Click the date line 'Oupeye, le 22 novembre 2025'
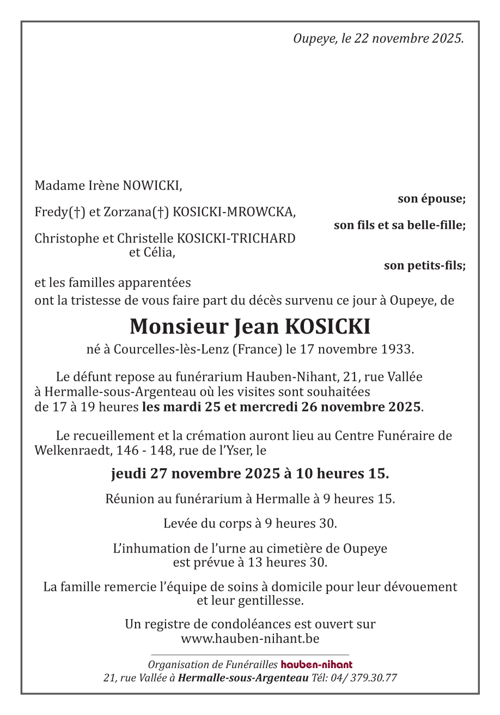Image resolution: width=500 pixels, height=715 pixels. click(378, 39)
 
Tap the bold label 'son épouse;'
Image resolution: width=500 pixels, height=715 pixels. click(431, 199)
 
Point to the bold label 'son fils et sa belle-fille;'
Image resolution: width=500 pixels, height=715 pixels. click(399, 225)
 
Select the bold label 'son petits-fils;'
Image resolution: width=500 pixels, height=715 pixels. click(424, 266)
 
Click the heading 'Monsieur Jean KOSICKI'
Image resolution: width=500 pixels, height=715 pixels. click(250, 326)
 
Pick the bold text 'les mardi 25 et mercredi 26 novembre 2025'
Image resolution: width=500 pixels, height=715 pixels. click(281, 407)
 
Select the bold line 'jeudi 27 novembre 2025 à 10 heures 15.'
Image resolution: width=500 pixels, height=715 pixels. click(250, 474)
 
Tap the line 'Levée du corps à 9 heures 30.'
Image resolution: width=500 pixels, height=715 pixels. click(250, 524)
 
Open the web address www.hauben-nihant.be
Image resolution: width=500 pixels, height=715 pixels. click(250, 638)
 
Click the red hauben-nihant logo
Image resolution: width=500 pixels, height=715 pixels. click(316, 665)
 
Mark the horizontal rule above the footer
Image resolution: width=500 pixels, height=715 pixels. click(250, 655)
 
